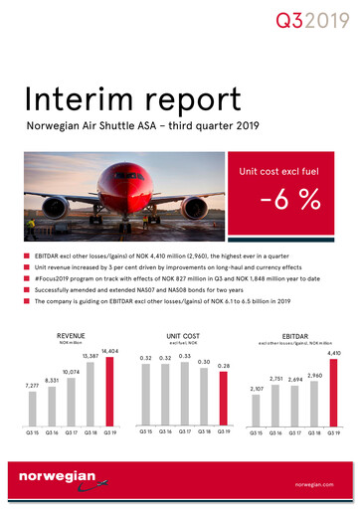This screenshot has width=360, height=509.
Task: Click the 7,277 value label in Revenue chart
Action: [x=35, y=384]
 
